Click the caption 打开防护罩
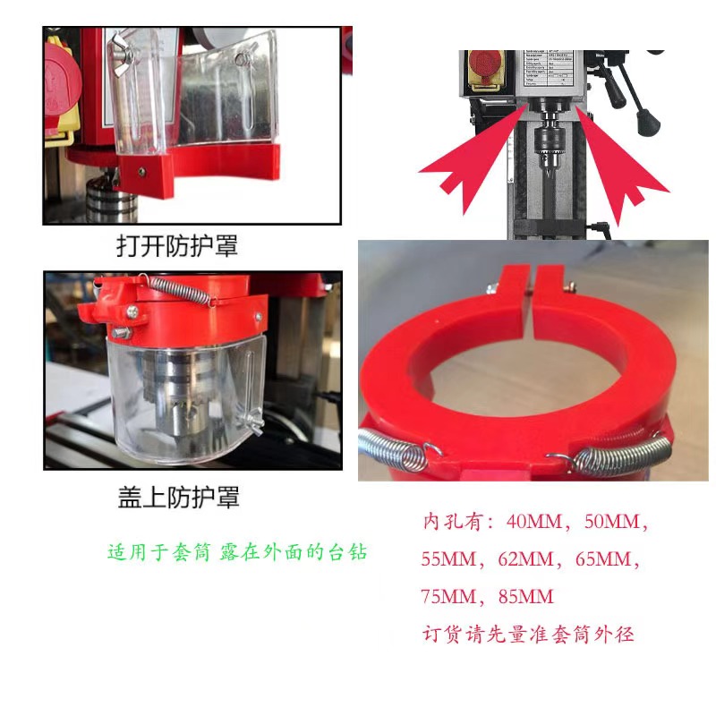[x=178, y=245]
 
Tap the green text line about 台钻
[x=236, y=552]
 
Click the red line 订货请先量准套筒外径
[x=528, y=635]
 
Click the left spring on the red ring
[x=394, y=447]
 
